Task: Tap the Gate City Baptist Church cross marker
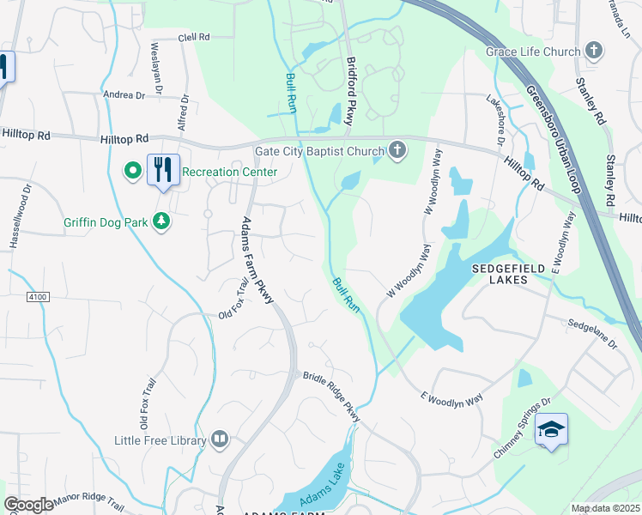pyautogui.click(x=397, y=151)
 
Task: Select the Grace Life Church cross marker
pyautogui.click(x=593, y=51)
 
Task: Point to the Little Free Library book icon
pyautogui.click(x=220, y=440)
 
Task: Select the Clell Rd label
pyautogui.click(x=193, y=38)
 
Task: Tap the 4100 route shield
pyautogui.click(x=38, y=296)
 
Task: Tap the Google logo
pyautogui.click(x=28, y=505)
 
